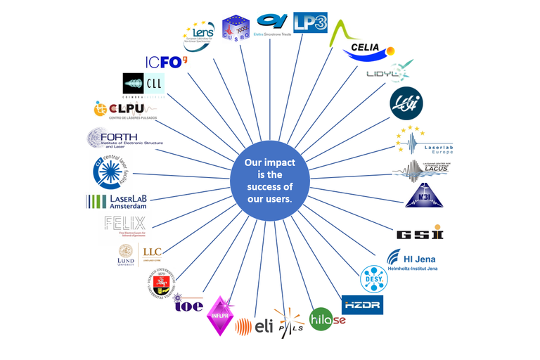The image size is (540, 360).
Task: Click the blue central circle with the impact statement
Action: pyautogui.click(x=269, y=181)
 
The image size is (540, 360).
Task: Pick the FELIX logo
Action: pyautogui.click(x=124, y=227)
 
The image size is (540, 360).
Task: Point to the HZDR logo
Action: pyautogui.click(x=363, y=305)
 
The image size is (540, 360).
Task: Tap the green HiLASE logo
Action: pyautogui.click(x=327, y=321)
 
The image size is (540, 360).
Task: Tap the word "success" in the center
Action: pyautogui.click(x=269, y=186)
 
